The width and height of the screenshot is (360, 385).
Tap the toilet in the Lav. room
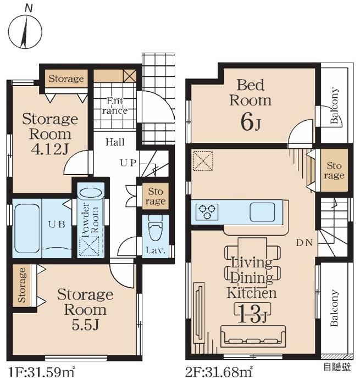point(156,228)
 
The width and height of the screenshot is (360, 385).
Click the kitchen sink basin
point(263,211)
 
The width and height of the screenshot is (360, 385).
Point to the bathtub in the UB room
point(27,229)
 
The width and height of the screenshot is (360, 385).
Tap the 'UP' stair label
point(128,163)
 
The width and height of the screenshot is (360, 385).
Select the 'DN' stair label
point(304,243)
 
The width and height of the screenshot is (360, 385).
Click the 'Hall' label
point(115,142)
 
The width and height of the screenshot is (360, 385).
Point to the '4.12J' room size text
point(50,149)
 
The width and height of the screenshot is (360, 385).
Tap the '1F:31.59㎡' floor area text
point(41,372)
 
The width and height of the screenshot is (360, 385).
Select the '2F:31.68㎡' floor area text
point(219,372)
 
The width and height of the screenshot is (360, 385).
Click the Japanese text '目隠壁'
point(337,367)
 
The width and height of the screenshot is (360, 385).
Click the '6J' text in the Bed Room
point(251,123)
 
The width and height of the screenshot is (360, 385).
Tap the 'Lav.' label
point(156,250)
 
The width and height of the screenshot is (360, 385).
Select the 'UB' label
point(57,225)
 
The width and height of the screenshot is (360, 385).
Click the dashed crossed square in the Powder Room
point(89,247)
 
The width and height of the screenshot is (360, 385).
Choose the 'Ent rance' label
point(115,106)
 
